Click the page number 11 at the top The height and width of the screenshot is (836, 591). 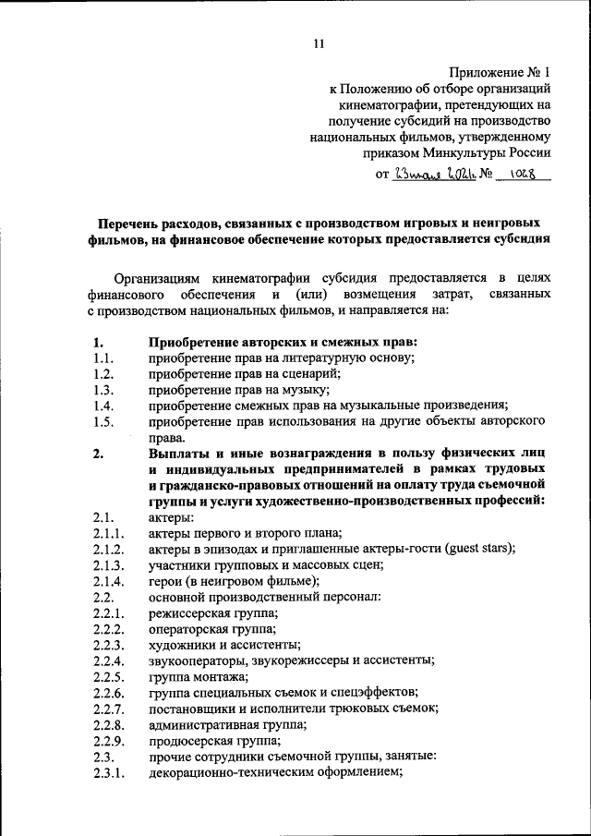[319, 42]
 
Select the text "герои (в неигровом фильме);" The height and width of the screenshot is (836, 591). [233, 580]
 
